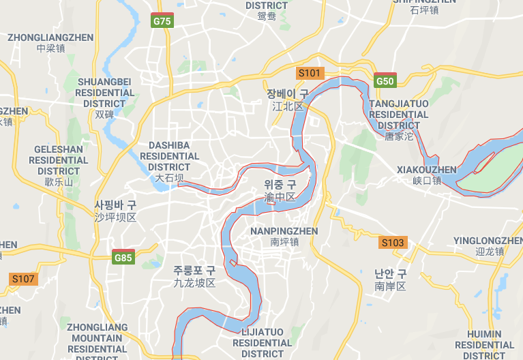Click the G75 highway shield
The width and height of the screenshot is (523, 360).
coord(162,20)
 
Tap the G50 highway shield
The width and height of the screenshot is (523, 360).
coord(385,80)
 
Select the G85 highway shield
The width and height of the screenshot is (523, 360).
coord(123,257)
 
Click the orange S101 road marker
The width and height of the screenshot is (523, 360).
coord(309,73)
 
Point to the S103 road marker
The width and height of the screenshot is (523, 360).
coord(393,242)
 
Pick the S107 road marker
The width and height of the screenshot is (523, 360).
coord(23,278)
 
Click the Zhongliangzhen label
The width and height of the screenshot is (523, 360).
coord(50,37)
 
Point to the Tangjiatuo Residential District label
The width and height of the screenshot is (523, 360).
coord(399,115)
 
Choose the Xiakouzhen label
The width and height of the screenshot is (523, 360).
coord(427,170)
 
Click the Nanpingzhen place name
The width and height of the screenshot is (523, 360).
coord(284,231)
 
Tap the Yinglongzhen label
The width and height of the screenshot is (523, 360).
coord(488,241)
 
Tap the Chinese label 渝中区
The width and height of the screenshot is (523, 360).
coord(280,197)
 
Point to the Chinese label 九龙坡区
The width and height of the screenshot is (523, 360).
coord(194,282)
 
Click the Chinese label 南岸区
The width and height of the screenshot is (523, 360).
coord(390,286)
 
